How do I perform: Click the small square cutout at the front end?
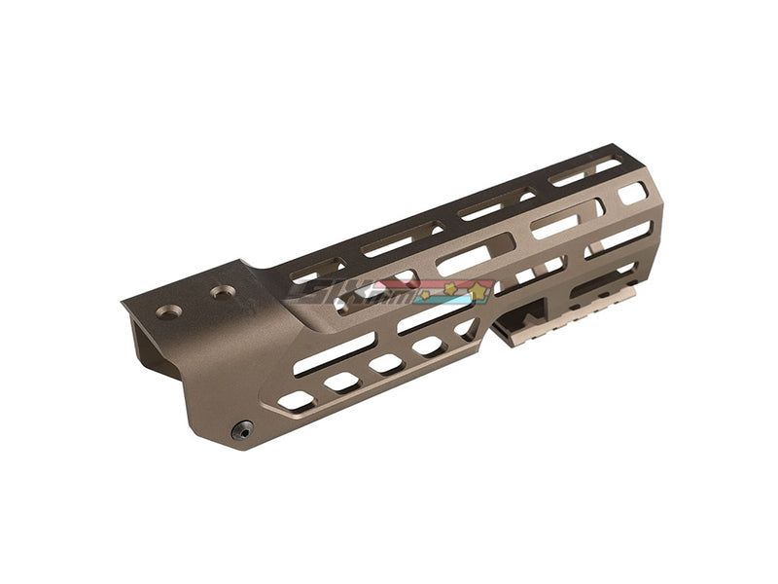631,193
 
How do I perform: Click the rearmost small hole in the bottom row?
296,400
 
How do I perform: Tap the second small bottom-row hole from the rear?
341,382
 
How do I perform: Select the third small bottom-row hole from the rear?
386,363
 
